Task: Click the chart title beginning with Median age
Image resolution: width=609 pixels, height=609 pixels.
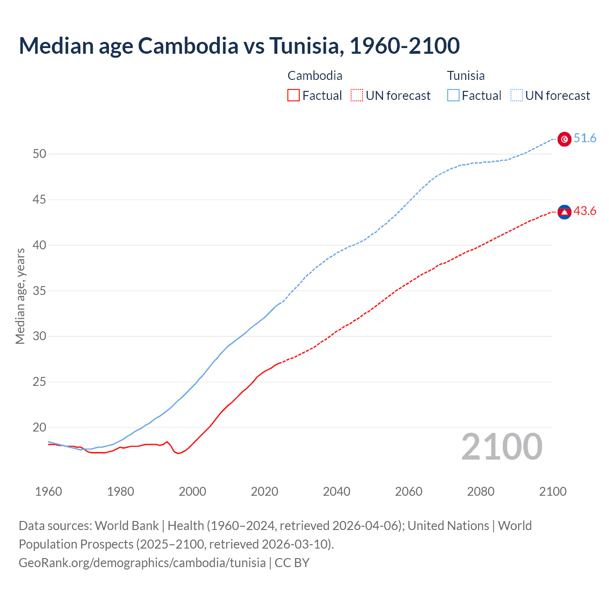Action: (239, 46)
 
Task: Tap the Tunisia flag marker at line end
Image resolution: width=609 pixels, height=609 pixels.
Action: (564, 139)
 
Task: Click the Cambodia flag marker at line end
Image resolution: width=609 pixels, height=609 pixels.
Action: (564, 212)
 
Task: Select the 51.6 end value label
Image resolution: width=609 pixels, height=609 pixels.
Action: (585, 138)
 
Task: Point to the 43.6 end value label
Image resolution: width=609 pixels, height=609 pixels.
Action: (585, 211)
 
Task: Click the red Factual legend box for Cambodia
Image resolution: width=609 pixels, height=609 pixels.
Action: (294, 95)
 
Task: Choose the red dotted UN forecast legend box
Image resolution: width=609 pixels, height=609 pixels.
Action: (357, 95)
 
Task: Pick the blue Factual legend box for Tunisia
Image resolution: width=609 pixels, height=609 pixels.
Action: (453, 95)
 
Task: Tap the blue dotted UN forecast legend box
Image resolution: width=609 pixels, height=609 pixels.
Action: (516, 95)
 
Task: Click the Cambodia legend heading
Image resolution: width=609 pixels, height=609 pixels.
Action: (315, 76)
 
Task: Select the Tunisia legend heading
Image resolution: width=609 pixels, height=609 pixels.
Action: (466, 76)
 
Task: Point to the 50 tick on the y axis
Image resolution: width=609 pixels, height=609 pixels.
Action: (39, 154)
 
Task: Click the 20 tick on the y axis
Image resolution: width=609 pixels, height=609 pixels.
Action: (39, 427)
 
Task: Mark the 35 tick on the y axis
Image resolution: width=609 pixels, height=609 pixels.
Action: (39, 291)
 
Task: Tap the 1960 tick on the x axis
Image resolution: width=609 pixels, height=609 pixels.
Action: (49, 491)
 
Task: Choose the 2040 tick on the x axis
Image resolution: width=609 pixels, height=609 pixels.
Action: (336, 491)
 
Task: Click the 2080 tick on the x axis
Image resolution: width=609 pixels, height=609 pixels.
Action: (481, 491)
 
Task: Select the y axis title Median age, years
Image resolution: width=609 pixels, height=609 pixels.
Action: (20, 296)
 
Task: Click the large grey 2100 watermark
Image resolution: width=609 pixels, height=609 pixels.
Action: (501, 446)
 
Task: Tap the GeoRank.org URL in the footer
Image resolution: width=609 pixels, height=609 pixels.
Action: (142, 563)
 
